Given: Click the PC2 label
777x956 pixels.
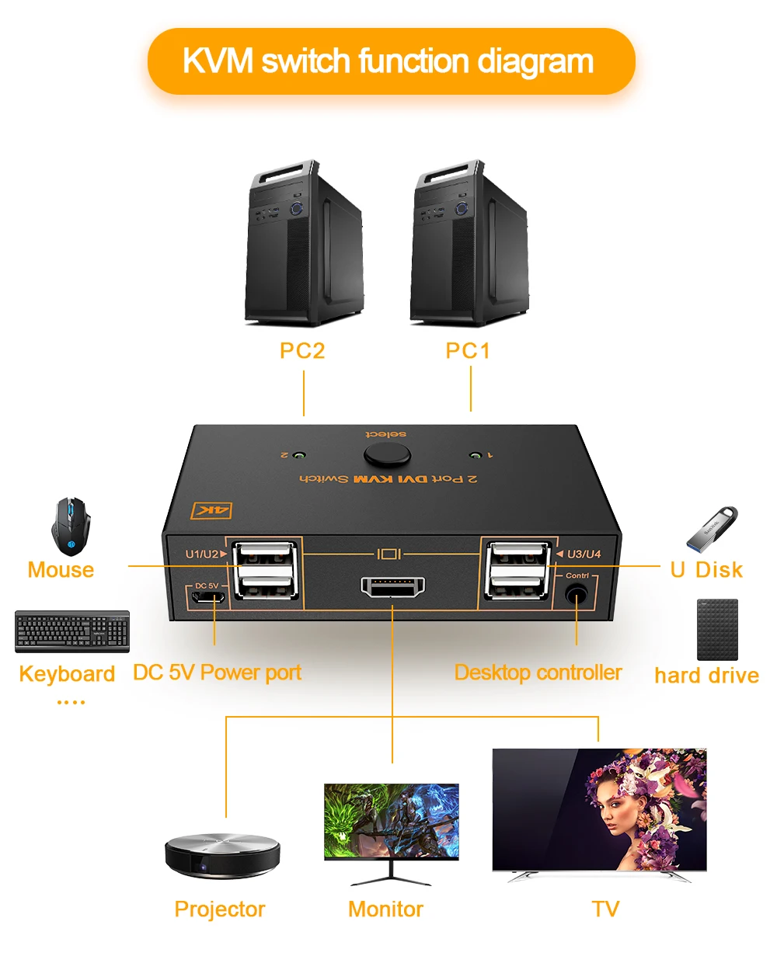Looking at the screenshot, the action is (x=302, y=351).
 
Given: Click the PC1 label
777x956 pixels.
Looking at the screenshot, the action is (x=468, y=351).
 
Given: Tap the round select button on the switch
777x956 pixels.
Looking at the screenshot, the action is (x=386, y=454).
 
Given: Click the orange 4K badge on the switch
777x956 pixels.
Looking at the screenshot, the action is (x=211, y=510).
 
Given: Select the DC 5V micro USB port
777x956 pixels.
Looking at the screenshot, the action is (x=209, y=598).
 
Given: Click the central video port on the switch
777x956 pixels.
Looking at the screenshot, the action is (x=392, y=587).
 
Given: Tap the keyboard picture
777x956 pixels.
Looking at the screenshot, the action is (x=72, y=631).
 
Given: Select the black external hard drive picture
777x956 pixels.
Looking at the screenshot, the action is (x=717, y=629).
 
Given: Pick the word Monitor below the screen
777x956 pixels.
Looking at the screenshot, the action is (x=385, y=909).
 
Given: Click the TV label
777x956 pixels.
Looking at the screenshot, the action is (x=605, y=909).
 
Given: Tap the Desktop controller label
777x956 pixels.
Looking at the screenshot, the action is (x=538, y=673).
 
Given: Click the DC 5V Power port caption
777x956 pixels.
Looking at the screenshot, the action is (x=217, y=673).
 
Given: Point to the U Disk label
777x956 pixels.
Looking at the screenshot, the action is (x=706, y=570).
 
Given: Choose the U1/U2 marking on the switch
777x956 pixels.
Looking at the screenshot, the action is (x=202, y=554).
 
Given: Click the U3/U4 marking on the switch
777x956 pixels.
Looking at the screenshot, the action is (x=584, y=554).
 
